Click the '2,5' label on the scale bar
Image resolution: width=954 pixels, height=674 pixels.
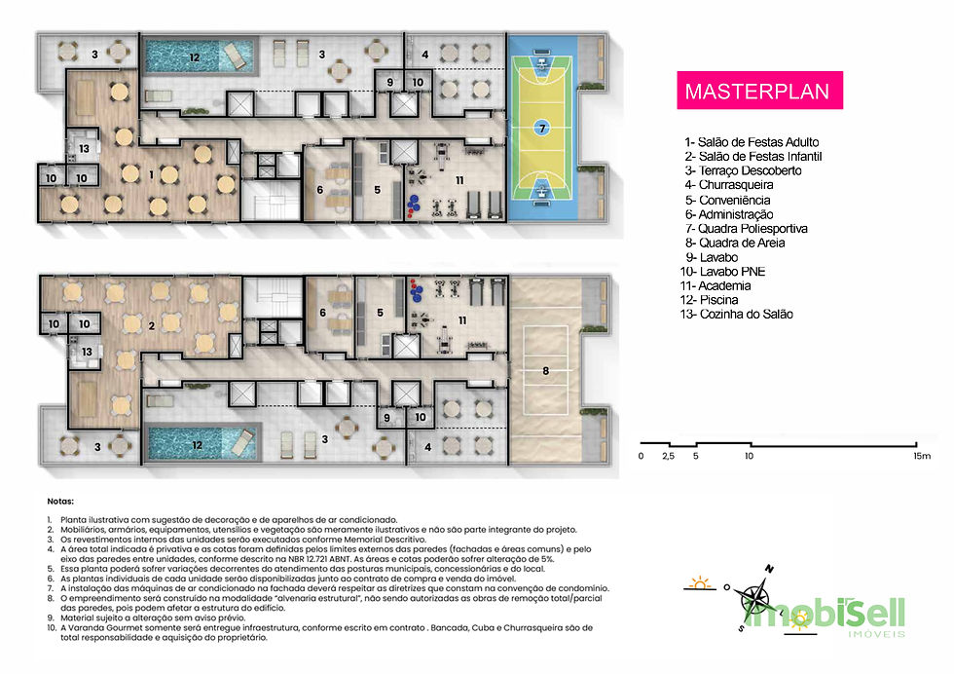[668, 455]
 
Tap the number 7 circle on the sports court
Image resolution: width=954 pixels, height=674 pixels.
[543, 127]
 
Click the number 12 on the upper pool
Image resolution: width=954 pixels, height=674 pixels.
[195, 57]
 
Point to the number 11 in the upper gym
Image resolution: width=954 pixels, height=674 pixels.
[459, 179]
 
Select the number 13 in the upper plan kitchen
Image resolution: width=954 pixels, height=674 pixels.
[86, 148]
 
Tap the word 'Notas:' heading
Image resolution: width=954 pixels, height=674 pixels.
[59, 500]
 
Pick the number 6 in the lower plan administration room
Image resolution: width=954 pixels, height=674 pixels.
[321, 313]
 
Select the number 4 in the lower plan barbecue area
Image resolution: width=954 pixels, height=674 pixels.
[429, 448]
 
